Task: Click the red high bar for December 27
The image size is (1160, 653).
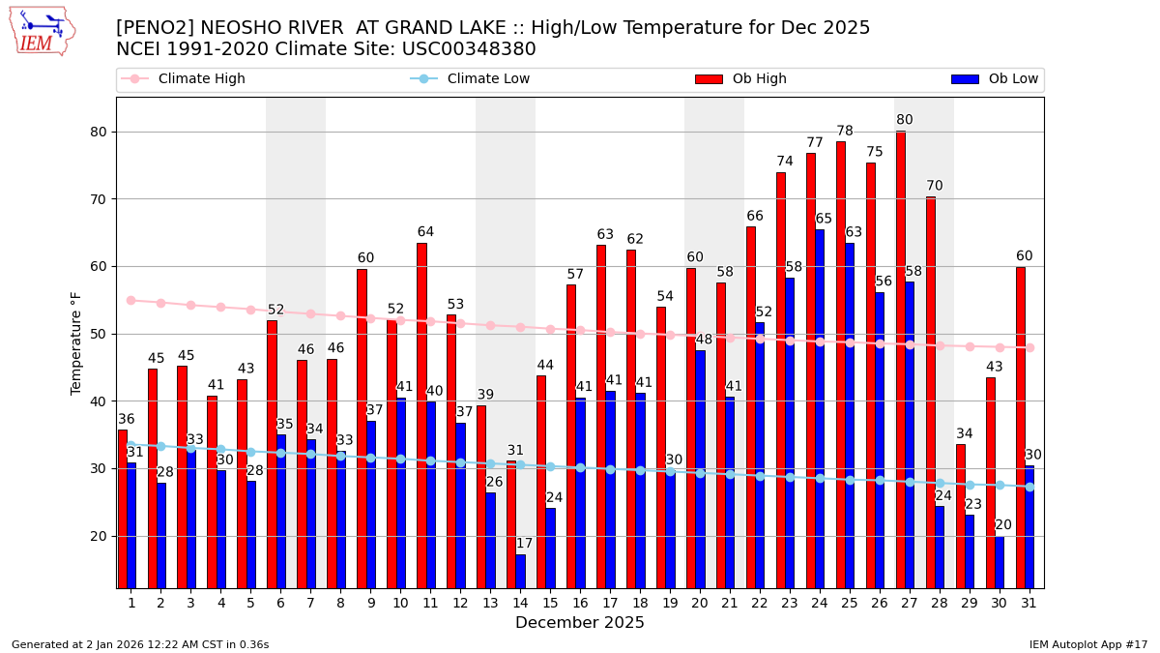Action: (x=901, y=358)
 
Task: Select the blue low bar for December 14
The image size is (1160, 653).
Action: (x=521, y=571)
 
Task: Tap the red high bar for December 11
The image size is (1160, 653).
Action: (x=421, y=416)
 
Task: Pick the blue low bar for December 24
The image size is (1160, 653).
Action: (x=820, y=406)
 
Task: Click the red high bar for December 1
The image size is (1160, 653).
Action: (x=123, y=508)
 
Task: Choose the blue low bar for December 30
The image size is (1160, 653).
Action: (x=1000, y=562)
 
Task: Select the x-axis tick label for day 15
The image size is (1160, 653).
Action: (x=550, y=603)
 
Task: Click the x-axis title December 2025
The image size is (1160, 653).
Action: (x=580, y=623)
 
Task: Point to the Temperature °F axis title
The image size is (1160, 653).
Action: (x=76, y=342)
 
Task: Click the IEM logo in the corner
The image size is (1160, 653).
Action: (x=42, y=31)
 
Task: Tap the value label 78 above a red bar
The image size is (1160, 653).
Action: (x=845, y=131)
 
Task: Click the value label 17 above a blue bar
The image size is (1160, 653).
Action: (x=524, y=544)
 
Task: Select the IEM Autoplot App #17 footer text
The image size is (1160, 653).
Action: (x=1088, y=644)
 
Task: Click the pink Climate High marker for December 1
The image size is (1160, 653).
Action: (x=130, y=300)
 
